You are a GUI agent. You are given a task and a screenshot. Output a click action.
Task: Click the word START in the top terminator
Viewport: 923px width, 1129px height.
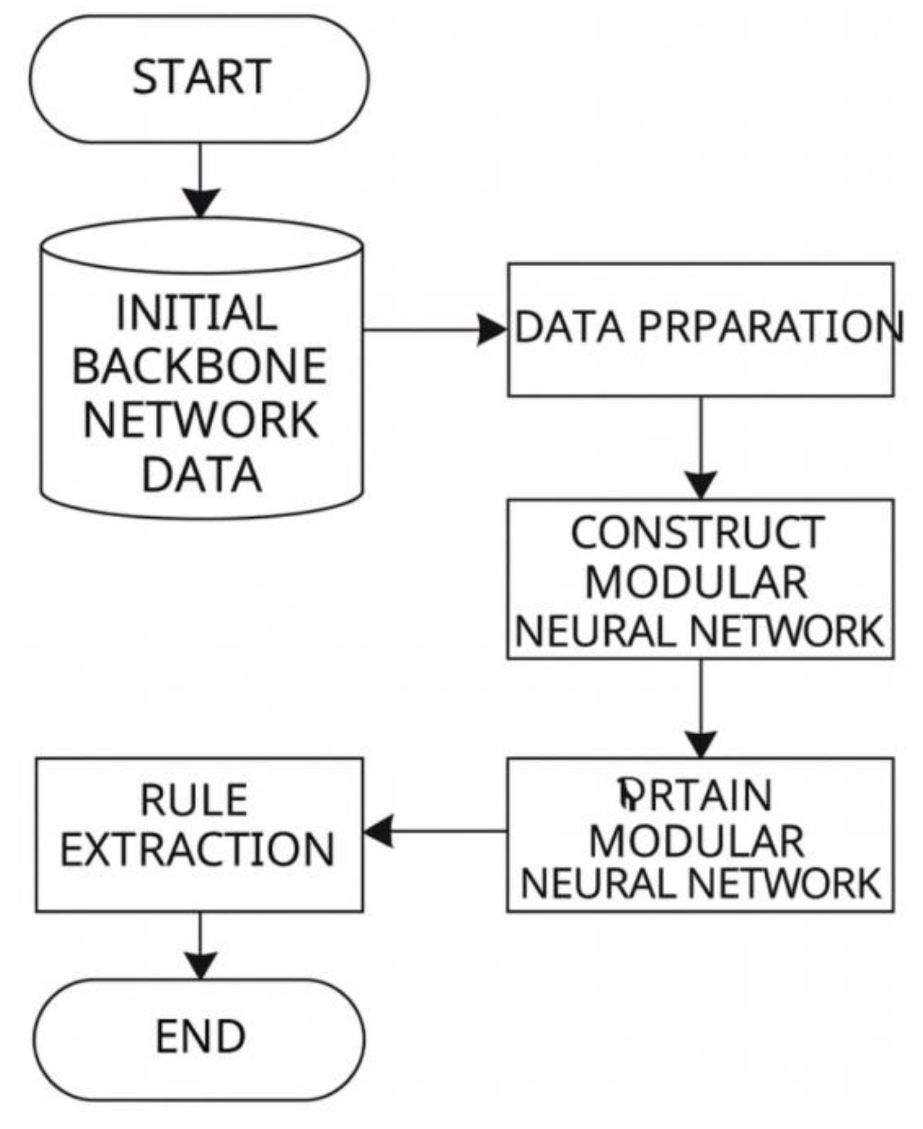tap(201, 77)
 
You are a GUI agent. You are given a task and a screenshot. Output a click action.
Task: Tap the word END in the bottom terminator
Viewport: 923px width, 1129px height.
tap(200, 1036)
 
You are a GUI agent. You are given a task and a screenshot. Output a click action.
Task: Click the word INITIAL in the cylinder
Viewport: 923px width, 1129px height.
tap(197, 313)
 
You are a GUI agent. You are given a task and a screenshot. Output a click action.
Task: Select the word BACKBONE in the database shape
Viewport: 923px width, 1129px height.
tap(199, 366)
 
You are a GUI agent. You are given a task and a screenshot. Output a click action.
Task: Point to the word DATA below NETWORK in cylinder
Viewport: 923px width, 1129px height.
tap(201, 475)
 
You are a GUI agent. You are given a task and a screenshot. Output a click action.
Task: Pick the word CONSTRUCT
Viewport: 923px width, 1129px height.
tap(698, 533)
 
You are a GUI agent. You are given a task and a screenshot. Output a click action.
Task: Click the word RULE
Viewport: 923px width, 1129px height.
tap(194, 800)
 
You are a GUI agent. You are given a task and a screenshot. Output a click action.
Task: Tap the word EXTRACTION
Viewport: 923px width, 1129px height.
tap(197, 850)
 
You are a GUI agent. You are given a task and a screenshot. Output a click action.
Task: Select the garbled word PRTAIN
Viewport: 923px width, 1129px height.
tap(695, 795)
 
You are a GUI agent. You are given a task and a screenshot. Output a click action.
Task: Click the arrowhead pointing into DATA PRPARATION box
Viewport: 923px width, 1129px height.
tap(493, 330)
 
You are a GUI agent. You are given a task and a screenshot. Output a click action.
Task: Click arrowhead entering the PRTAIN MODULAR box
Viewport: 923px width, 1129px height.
tap(701, 744)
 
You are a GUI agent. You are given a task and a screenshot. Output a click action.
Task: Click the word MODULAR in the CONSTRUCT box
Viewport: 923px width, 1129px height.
tap(696, 582)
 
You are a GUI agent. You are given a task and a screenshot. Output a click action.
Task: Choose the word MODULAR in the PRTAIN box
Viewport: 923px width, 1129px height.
tap(696, 841)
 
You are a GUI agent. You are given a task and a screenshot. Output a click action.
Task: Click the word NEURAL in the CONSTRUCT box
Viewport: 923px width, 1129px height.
tap(595, 631)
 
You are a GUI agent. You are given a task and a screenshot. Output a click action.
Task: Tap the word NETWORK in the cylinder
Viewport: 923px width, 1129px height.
tap(200, 420)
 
